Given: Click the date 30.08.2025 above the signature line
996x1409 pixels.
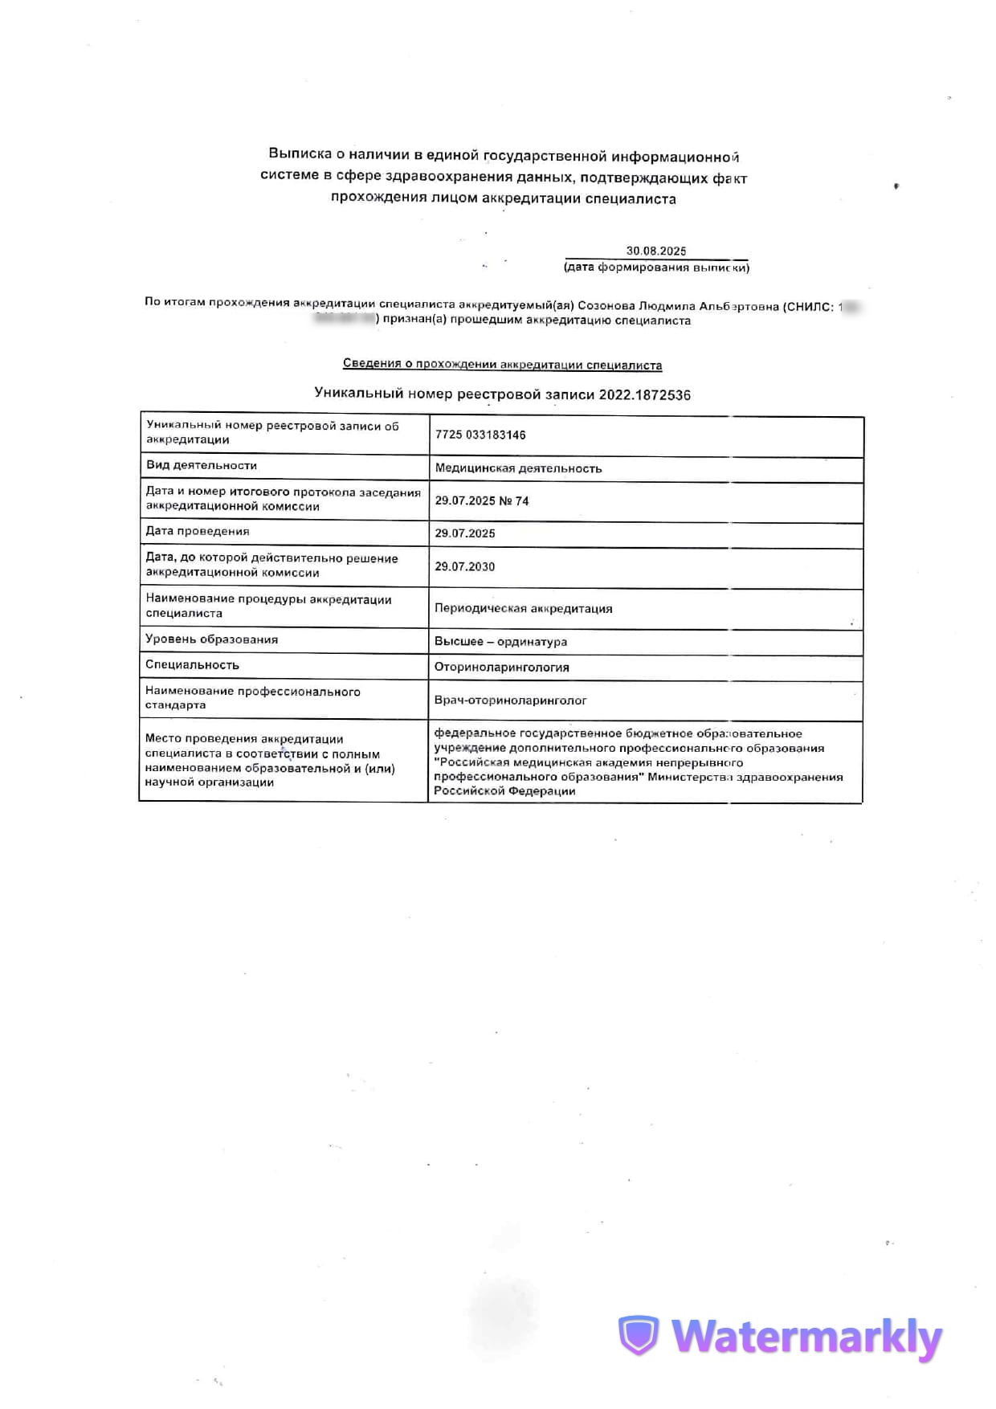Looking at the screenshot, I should [656, 251].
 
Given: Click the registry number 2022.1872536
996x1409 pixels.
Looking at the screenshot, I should [644, 394].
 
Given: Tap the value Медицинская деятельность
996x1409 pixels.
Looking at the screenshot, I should [518, 468].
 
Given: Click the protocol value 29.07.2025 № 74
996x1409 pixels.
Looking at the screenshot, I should [482, 501].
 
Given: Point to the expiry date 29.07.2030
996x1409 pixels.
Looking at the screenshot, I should [465, 566].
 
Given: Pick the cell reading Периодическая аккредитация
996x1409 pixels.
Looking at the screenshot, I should [523, 608].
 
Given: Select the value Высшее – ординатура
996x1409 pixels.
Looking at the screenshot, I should [500, 641].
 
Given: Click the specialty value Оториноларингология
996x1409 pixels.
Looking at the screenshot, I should [501, 667].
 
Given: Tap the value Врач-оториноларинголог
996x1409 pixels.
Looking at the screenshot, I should [510, 700].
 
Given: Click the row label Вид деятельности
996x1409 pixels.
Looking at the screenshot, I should [202, 465].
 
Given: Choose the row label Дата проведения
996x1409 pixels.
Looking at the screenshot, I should [198, 531].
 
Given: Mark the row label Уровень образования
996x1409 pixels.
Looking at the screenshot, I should [211, 639].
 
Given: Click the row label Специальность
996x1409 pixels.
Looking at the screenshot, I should [192, 664].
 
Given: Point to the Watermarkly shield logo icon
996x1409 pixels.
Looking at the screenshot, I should [639, 1336].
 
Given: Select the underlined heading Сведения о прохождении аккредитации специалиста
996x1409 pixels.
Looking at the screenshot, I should [502, 364].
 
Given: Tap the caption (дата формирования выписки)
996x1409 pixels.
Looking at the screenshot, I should [656, 268].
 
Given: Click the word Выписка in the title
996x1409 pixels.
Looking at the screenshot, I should [299, 153].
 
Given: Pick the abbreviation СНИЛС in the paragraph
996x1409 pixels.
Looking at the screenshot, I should [809, 306].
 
